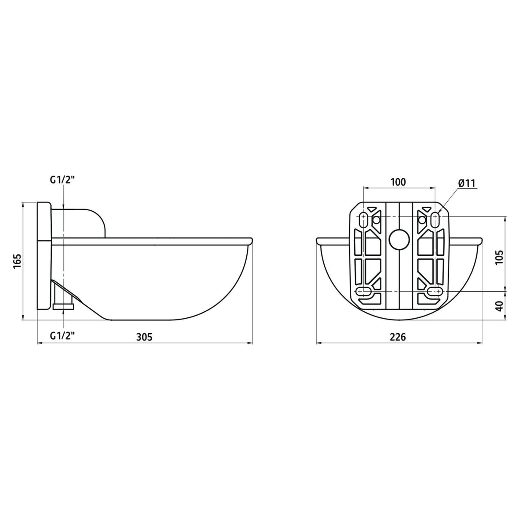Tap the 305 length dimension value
[144, 337]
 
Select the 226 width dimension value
[398, 337]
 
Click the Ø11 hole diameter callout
[466, 183]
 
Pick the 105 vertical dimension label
[499, 257]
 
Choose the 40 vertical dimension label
[499, 306]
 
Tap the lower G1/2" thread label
[62, 336]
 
